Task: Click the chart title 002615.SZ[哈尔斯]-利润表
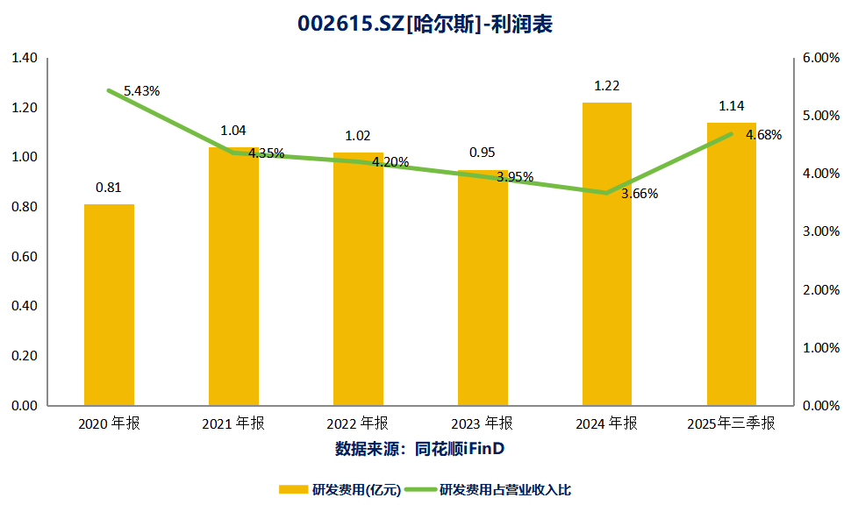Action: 425,25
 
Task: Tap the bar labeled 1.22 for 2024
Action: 607,254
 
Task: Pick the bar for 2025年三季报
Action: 732,264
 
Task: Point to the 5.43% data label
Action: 141,91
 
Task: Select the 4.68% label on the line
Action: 763,135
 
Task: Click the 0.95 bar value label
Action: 483,153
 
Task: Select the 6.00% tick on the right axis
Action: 821,58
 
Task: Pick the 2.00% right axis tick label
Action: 821,290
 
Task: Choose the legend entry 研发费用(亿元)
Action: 340,489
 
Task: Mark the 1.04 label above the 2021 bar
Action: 233,131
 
